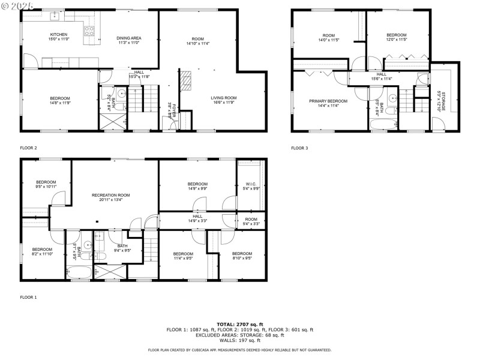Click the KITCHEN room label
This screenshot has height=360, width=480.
pyautogui.click(x=58, y=35)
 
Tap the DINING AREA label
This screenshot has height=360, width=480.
pyautogui.click(x=128, y=38)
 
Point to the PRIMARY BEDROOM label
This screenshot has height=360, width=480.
pyautogui.click(x=328, y=101)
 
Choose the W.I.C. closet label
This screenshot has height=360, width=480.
pyautogui.click(x=251, y=184)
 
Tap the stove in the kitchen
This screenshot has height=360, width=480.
pyautogui.click(x=89, y=30)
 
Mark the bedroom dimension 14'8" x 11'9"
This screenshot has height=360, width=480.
pyautogui.click(x=60, y=103)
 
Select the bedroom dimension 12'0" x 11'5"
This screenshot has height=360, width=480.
pyautogui.click(x=396, y=40)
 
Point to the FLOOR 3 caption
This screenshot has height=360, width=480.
pyautogui.click(x=299, y=148)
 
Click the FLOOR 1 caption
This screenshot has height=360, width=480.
pyautogui.click(x=28, y=297)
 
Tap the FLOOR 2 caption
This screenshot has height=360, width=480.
pyautogui.click(x=28, y=148)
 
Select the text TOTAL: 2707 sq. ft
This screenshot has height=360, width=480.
pyautogui.click(x=239, y=324)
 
